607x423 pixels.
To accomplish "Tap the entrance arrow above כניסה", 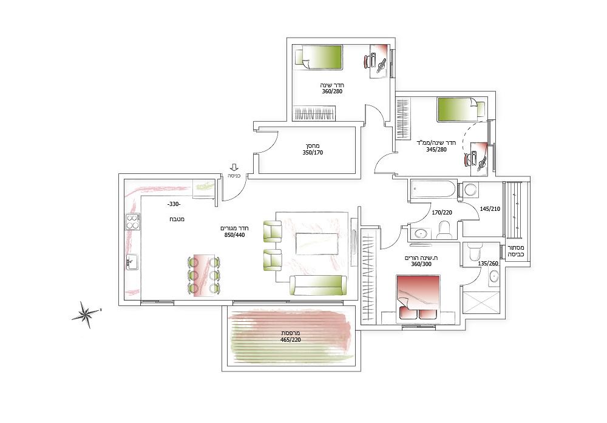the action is [x=234, y=167].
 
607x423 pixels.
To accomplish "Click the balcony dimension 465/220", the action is [x=291, y=340].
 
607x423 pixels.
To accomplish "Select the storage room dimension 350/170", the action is [x=313, y=152].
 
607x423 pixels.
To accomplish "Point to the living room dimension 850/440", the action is [x=234, y=235].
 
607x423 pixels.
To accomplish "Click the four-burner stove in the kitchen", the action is [x=132, y=222].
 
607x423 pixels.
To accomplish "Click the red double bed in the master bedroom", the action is [x=418, y=298].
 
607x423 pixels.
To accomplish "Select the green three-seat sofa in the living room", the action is [x=318, y=285].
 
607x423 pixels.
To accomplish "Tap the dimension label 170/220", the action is [x=442, y=212].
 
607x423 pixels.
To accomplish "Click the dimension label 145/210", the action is [x=490, y=209].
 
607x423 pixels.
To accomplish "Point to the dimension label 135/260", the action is [x=488, y=264].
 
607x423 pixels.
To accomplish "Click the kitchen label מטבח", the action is [x=177, y=219].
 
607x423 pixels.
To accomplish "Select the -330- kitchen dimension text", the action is [x=174, y=204].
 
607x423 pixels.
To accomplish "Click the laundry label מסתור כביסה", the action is [x=517, y=251].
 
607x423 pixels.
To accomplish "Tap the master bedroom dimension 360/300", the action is [x=421, y=264].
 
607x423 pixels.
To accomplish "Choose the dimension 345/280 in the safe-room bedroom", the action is [x=436, y=149].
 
